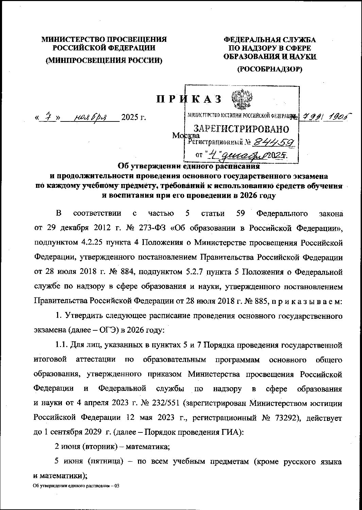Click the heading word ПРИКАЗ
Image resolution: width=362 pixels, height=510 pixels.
[189, 99]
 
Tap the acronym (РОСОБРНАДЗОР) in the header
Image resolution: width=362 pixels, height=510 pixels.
[269, 69]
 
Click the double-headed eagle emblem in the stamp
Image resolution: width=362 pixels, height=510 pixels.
[240, 99]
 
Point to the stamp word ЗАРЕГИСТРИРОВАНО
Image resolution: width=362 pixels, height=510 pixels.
[241, 129]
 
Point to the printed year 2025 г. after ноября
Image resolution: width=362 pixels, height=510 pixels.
[133, 118]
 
